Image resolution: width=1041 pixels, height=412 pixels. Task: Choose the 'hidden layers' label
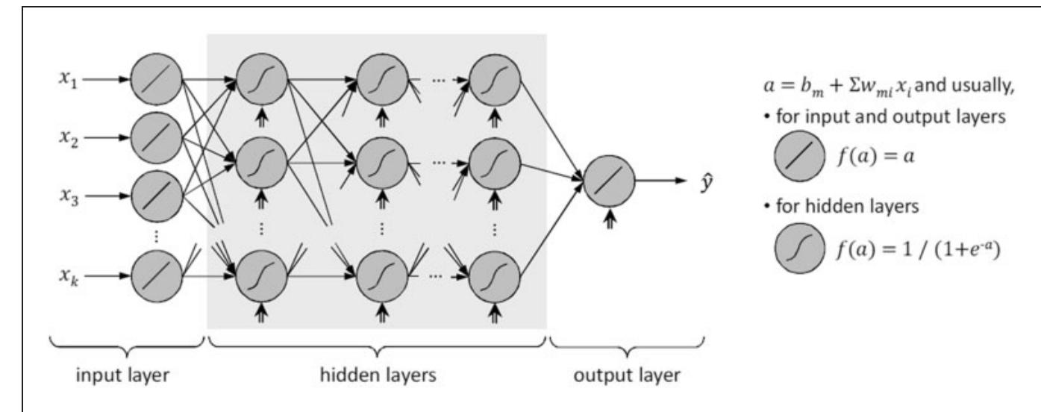[x=378, y=375]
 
